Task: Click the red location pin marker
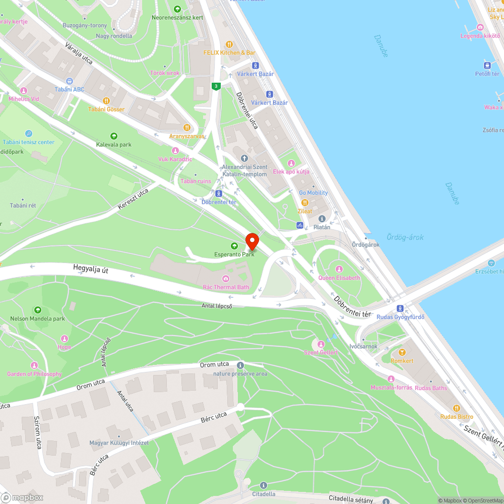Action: coord(251,241)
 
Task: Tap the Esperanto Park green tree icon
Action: coord(234,246)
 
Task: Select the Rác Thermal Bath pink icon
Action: coord(226,279)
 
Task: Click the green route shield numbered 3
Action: coord(216,86)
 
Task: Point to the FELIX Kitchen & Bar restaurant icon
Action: coord(229,44)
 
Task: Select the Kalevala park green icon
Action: coord(114,136)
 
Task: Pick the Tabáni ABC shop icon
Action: coord(70,81)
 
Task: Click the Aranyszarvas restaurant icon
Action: coord(186,128)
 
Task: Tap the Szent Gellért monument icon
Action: coord(321,344)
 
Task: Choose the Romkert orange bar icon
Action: coord(402,352)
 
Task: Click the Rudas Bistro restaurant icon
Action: coord(457,408)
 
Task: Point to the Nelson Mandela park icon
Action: coord(37,310)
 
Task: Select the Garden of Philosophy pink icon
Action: coord(34,365)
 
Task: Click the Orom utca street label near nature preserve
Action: coord(215,364)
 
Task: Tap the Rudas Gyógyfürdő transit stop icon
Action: coord(400,308)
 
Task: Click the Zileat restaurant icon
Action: coord(304,203)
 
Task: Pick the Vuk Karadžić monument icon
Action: coord(175,150)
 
